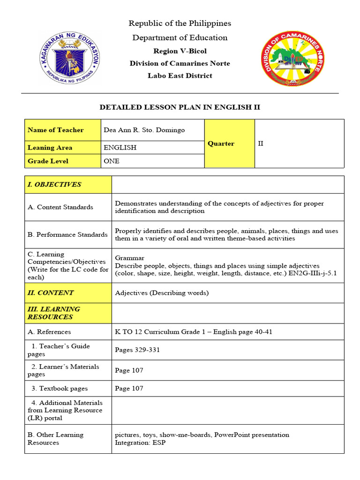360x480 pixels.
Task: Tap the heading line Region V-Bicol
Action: point(180,51)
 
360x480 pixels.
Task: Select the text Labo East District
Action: point(180,75)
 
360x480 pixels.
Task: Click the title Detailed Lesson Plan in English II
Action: point(180,107)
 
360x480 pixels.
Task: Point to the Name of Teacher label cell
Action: point(56,130)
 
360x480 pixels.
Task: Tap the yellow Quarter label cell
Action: point(221,143)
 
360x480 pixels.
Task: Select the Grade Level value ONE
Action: point(112,161)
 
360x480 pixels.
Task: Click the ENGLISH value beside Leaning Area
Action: point(120,148)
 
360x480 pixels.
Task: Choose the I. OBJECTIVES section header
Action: point(54,184)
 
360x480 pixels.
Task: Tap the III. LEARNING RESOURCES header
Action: point(54,313)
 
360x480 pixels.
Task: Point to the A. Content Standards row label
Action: point(60,207)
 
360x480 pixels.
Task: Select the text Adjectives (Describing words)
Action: point(162,293)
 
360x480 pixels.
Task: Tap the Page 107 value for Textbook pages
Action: point(129,388)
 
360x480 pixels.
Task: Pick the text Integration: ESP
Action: point(140,442)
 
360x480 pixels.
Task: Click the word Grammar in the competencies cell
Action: point(130,258)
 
